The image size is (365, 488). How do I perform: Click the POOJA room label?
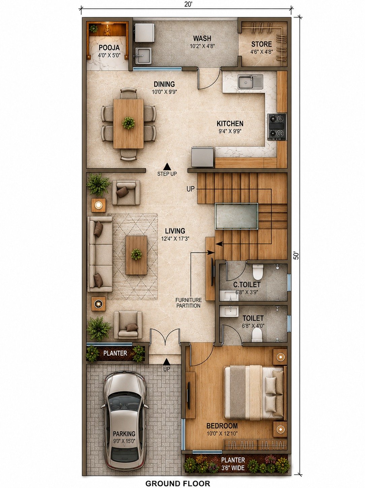[109, 47]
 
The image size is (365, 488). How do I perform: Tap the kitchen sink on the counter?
[250, 82]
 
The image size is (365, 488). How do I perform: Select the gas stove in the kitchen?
[277, 127]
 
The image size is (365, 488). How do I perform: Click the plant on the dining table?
[128, 123]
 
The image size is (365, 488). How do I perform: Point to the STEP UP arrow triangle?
[167, 166]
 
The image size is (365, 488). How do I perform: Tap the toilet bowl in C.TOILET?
[258, 272]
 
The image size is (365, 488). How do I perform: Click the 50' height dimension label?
[296, 255]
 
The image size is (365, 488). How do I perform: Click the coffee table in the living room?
[136, 255]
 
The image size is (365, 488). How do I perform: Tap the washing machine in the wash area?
[144, 33]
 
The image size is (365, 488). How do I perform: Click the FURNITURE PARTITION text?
[189, 303]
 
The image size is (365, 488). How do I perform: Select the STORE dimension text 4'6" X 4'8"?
[262, 52]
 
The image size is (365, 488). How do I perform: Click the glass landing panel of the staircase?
[237, 217]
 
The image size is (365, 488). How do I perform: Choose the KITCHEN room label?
[230, 123]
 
